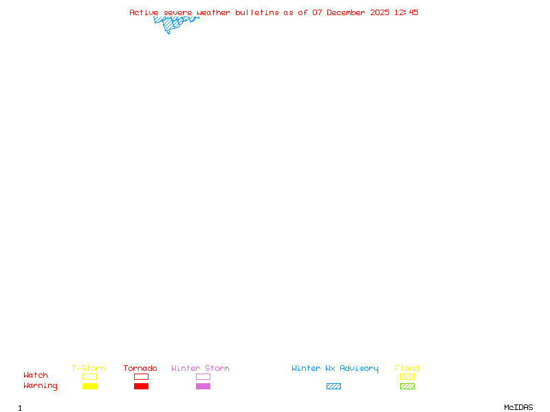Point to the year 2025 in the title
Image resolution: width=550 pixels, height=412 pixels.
coord(379,12)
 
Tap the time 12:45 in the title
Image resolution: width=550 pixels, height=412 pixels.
coord(406,12)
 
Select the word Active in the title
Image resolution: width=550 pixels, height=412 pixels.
coord(143,12)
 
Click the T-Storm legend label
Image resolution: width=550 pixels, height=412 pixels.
coord(89,369)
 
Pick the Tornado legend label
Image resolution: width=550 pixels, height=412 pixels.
coord(140,369)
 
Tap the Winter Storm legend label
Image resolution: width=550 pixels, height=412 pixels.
coord(200,369)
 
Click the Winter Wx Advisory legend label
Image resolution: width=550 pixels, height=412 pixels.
coord(335,369)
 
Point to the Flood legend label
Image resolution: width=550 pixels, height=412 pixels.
coord(407,369)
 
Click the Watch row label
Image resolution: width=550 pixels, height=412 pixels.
coord(36,376)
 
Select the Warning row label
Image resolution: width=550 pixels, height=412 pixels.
coord(41,386)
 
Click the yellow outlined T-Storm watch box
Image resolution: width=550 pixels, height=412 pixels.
coord(89,376)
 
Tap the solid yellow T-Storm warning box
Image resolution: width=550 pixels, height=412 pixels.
coord(89,386)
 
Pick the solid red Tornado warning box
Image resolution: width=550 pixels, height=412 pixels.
coord(141,386)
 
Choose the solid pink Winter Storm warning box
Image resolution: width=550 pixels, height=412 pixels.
coord(203,386)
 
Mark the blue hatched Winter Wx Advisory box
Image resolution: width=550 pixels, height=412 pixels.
coord(333,386)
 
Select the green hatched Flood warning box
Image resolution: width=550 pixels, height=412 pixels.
coord(407,386)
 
